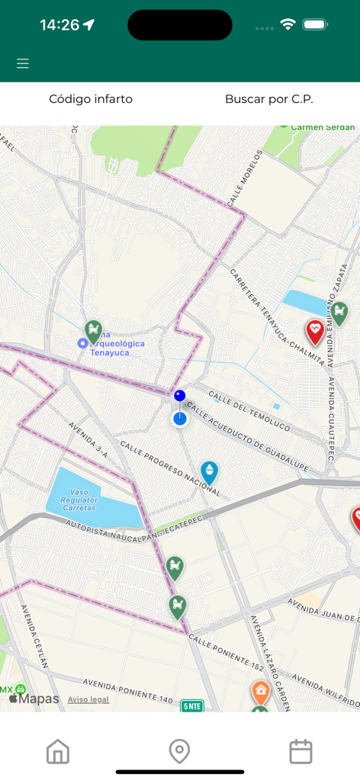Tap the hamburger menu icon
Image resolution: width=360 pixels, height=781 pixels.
pyautogui.click(x=23, y=63)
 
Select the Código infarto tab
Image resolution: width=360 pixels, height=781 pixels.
pyautogui.click(x=91, y=99)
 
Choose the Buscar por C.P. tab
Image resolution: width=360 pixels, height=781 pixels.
pyautogui.click(x=268, y=99)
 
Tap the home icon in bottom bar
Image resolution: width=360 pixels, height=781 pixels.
pyautogui.click(x=58, y=751)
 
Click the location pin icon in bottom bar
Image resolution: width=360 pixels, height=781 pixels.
pyautogui.click(x=179, y=751)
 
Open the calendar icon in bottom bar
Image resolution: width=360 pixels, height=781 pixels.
pyautogui.click(x=301, y=751)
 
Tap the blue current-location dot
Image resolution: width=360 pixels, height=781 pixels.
pyautogui.click(x=179, y=418)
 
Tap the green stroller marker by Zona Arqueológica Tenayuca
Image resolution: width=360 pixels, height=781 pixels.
pyautogui.click(x=94, y=331)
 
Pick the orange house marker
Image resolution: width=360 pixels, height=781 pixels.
pyautogui.click(x=261, y=692)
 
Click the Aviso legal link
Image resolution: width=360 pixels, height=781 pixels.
pyautogui.click(x=88, y=699)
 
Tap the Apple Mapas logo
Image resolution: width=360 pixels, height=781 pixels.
pyautogui.click(x=34, y=699)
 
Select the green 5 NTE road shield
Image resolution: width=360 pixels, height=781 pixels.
pyautogui.click(x=192, y=706)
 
